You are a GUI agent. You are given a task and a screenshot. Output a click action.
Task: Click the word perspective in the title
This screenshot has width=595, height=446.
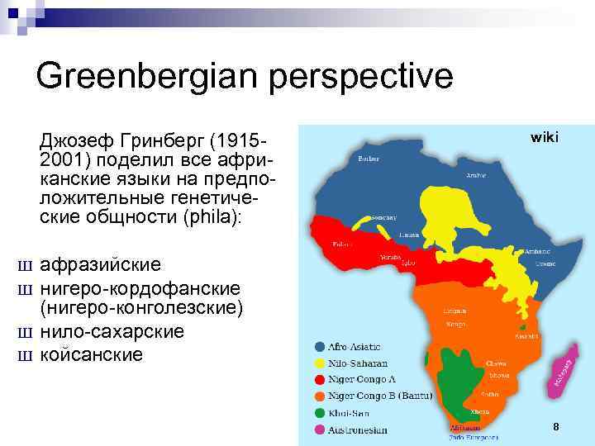pos(364,76)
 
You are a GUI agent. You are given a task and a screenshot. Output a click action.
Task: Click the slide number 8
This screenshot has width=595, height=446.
pos(556,427)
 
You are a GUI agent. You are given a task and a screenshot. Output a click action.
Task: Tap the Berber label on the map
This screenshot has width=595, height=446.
pos(369,159)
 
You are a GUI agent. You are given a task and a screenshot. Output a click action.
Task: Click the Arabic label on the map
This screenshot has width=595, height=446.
pos(476,175)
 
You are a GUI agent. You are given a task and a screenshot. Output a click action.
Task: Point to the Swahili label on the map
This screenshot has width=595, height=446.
pos(526,336)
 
